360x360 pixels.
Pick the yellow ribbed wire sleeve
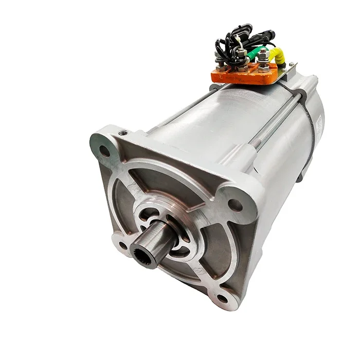tap(278, 57)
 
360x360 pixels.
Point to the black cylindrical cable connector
tap(265, 37)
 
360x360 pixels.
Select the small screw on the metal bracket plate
tap(292, 65)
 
